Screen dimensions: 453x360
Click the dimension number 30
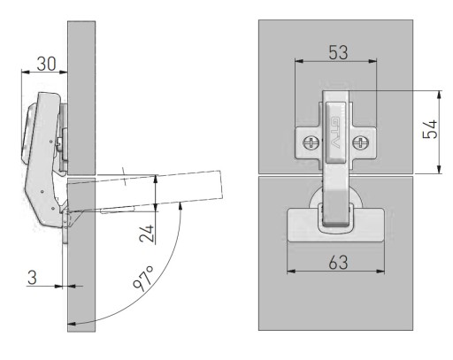(x=46, y=64)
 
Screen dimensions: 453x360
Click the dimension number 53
(x=338, y=52)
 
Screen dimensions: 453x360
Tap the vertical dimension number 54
(x=430, y=129)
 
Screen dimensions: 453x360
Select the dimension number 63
(x=338, y=262)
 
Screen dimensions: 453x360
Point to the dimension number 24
(x=147, y=234)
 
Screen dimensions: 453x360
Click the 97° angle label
(x=143, y=279)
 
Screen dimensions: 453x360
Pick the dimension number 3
(x=32, y=278)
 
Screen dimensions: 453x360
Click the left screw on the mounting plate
(x=311, y=143)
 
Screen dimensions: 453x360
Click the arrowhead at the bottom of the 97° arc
(x=72, y=324)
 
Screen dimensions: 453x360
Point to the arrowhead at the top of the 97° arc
(x=180, y=205)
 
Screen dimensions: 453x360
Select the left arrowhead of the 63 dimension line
(x=291, y=271)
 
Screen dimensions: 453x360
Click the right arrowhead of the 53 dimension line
(x=372, y=61)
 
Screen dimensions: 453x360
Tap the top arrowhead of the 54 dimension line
(x=439, y=95)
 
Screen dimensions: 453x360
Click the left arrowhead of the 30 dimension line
(x=26, y=72)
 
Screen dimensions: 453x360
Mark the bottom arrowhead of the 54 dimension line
(x=439, y=169)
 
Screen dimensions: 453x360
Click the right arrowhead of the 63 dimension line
(x=380, y=271)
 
